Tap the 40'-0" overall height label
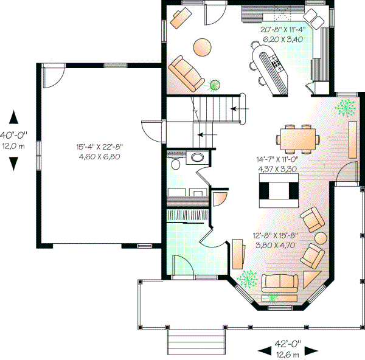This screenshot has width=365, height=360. click(13, 135)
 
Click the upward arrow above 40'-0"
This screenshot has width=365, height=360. click(13, 117)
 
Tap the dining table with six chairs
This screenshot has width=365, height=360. click(297, 137)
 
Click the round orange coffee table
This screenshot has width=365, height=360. click(203, 46)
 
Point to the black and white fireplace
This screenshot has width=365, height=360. click(277, 190)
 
